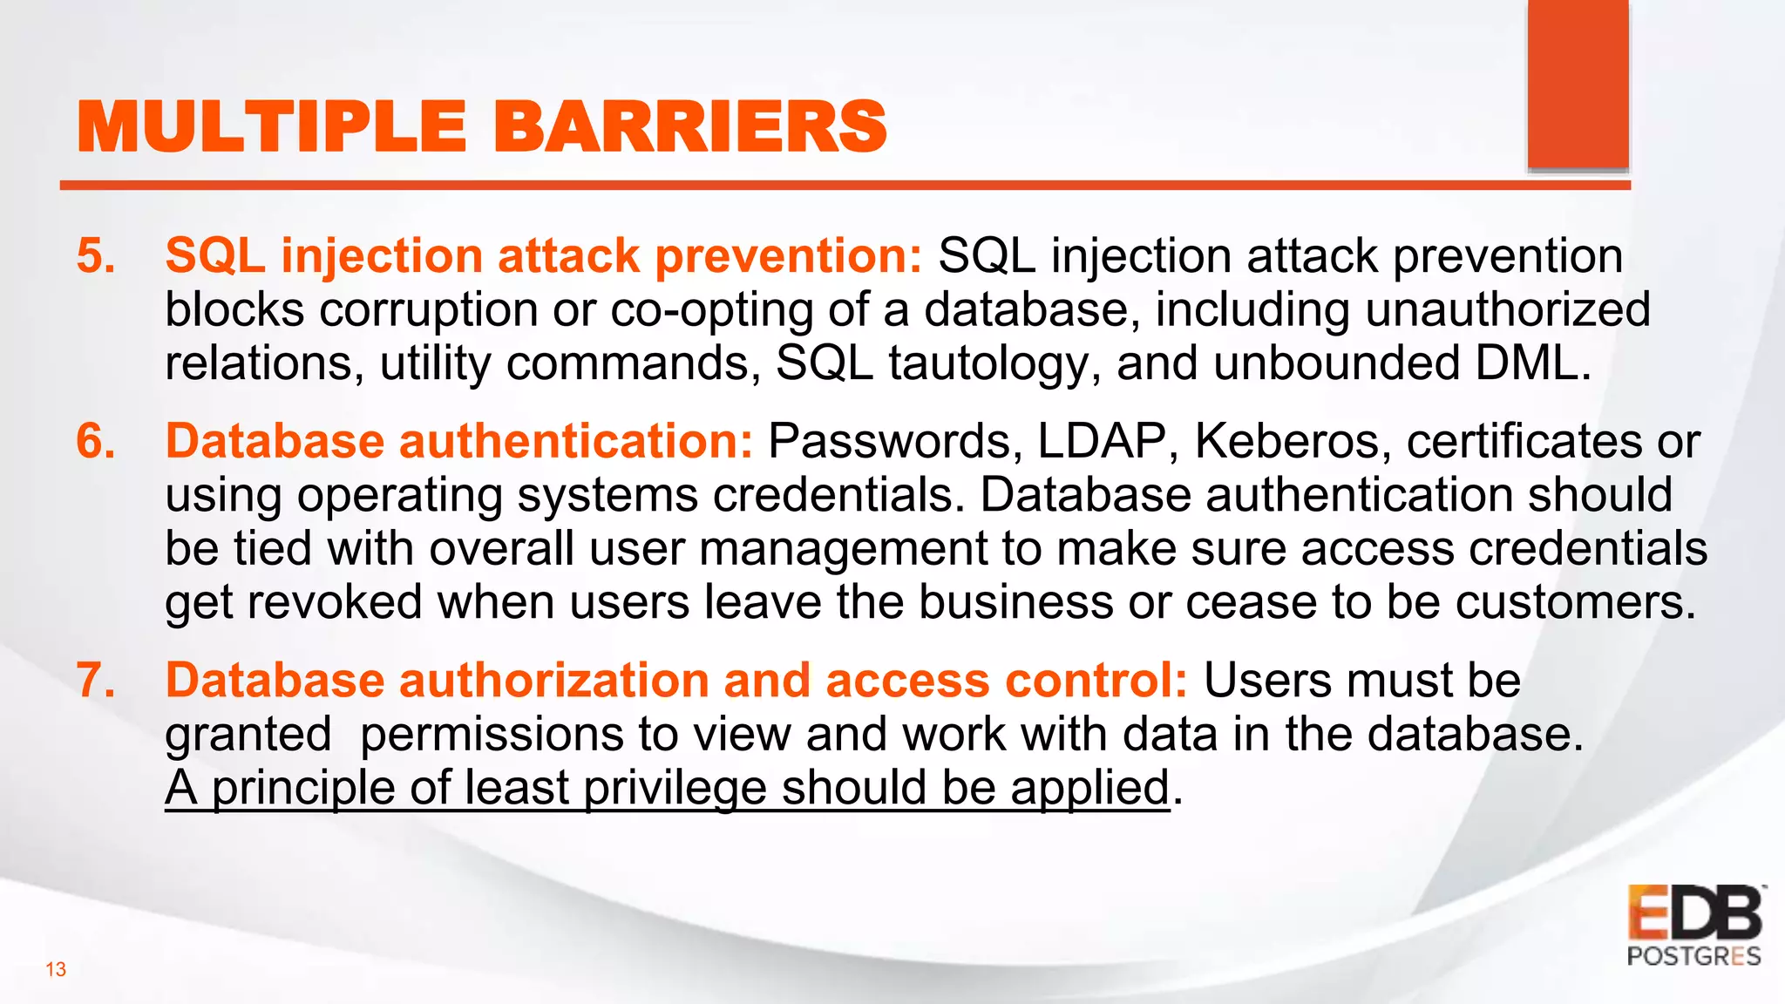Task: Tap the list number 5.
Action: (x=96, y=256)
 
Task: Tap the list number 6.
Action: (x=96, y=441)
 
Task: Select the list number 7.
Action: (x=96, y=681)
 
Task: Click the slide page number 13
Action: (x=56, y=969)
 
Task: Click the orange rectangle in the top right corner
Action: (x=1578, y=85)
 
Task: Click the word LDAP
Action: (x=1102, y=441)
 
